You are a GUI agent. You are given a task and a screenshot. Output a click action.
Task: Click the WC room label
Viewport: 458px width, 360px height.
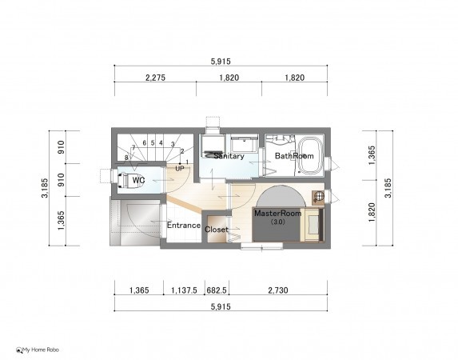tap(138, 180)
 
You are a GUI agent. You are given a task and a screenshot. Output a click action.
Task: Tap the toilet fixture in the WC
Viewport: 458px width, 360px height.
tap(125, 180)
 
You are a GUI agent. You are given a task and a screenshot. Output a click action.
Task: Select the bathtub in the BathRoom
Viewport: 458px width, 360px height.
tap(311, 155)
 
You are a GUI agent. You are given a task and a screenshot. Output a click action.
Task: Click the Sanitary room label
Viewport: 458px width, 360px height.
tap(229, 156)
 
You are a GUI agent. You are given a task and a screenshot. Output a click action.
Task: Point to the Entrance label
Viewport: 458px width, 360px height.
tap(184, 225)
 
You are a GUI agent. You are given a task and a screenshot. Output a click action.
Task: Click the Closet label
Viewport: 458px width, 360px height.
tap(216, 230)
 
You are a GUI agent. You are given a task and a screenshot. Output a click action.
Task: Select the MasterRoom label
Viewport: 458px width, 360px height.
tap(278, 213)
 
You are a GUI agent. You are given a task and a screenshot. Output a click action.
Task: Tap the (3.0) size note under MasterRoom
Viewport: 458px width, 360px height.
tap(277, 222)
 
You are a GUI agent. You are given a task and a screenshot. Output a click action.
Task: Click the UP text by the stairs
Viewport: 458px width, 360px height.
tap(180, 169)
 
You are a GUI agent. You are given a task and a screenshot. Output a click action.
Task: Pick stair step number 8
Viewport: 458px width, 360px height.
tap(126, 158)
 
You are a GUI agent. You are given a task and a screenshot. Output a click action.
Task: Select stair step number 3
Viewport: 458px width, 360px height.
tap(173, 144)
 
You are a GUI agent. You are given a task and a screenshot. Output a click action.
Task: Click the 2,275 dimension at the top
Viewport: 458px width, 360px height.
tap(155, 78)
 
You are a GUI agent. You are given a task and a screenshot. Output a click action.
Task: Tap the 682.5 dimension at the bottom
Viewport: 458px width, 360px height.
tap(217, 290)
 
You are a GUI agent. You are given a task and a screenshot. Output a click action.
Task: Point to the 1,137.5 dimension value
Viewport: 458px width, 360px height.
tap(184, 290)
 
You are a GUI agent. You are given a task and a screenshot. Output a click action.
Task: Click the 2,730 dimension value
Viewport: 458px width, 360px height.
tap(278, 290)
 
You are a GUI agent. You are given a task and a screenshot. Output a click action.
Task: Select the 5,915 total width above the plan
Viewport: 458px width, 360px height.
tap(221, 62)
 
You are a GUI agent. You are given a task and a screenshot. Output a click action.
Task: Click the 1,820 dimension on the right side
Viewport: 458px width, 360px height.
tap(372, 212)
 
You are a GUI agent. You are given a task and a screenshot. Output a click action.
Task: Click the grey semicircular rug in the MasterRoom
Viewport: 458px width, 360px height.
tap(281, 196)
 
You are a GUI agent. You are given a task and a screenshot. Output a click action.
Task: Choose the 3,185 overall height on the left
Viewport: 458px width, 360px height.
tap(45, 188)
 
